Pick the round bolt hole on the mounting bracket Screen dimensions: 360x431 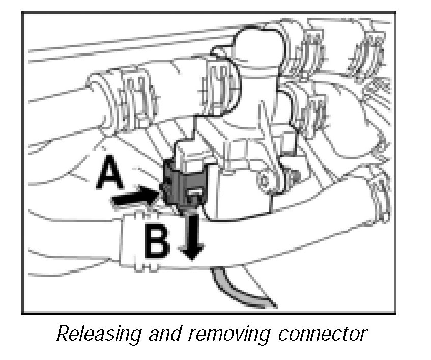265,180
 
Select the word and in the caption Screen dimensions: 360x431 162,334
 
